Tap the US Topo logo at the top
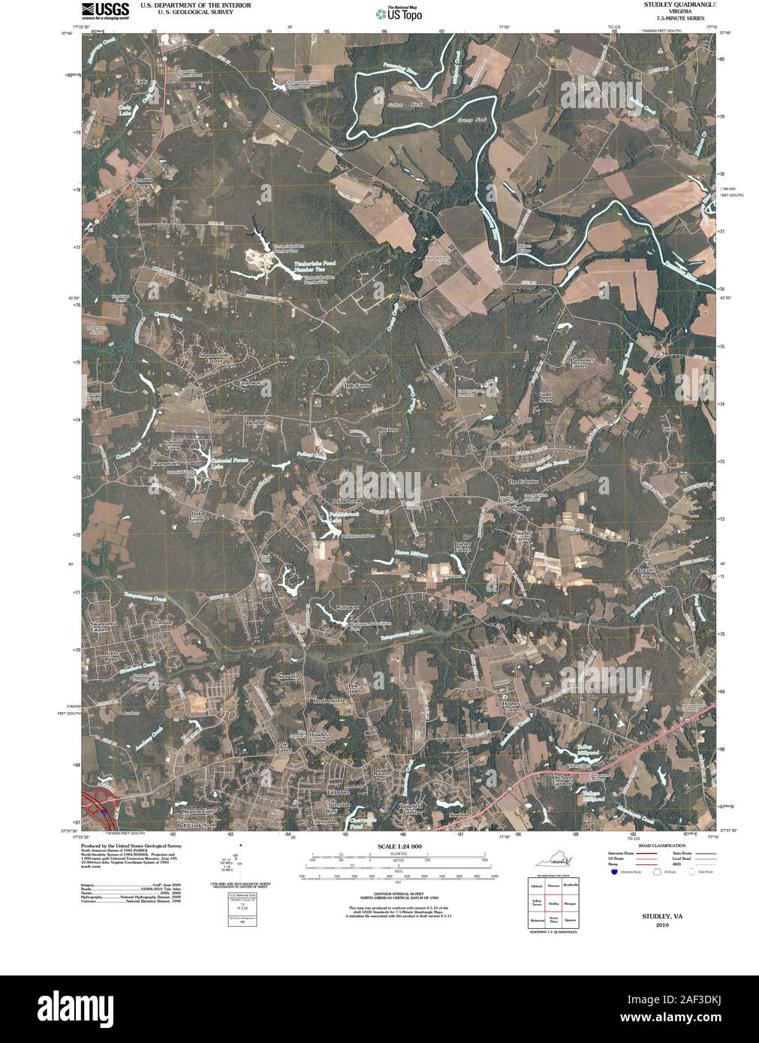399,12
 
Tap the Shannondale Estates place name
212,356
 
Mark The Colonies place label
523,481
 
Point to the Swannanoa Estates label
105,627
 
